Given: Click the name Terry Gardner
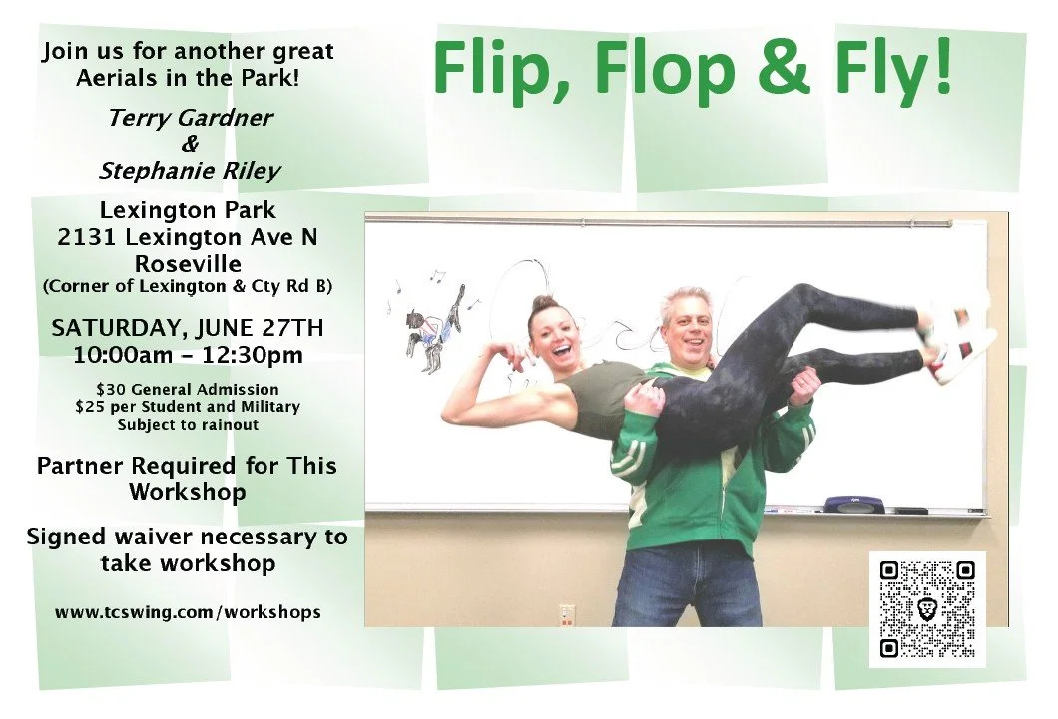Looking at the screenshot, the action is (191, 118).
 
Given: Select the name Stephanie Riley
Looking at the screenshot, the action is (191, 171).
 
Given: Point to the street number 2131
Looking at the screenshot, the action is (88, 237).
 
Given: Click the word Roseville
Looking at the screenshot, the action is (188, 263).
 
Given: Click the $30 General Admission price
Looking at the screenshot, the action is (188, 390).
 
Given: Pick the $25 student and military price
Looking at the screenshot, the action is (188, 407).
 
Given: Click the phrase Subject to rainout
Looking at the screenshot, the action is (188, 425).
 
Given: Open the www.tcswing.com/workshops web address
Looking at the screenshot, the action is (188, 612).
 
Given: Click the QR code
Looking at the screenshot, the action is (927, 609).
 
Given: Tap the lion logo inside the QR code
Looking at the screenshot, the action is (928, 610).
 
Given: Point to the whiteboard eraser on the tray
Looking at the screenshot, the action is (854, 503).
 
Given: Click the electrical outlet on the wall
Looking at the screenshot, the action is (567, 614).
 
